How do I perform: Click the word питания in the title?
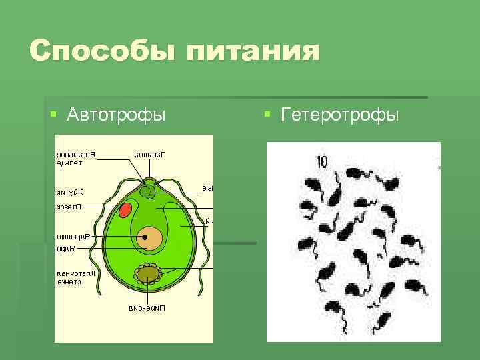click(256, 51)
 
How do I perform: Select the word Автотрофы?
click(116, 115)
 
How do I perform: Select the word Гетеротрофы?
click(340, 115)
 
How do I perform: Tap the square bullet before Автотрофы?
click(54, 115)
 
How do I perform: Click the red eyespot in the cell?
click(125, 211)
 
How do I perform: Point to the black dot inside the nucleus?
click(144, 236)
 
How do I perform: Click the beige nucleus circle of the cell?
click(150, 239)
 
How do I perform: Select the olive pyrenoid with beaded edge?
click(148, 273)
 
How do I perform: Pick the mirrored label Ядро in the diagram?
click(66, 248)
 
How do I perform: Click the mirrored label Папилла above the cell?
click(149, 155)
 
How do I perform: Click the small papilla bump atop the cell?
click(149, 180)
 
